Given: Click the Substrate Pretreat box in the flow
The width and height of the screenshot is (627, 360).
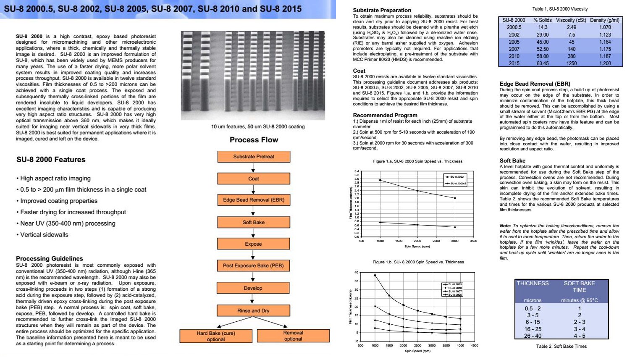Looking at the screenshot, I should tap(254, 157).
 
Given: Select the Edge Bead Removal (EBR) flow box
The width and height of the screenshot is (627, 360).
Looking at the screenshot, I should tap(254, 200).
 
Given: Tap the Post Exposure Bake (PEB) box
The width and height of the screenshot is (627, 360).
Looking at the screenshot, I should tap(253, 265).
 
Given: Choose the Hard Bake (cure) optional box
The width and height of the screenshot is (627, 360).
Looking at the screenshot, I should tap(216, 336).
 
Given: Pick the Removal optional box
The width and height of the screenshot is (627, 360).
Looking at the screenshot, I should tap(293, 336).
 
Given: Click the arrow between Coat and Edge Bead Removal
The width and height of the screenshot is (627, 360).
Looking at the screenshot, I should tap(253, 189).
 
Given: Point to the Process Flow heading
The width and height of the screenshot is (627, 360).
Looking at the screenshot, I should tap(254, 140).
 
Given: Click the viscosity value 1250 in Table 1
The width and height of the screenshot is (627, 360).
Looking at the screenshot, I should tap(571, 63).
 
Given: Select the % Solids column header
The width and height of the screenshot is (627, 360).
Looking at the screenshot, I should tap(543, 20).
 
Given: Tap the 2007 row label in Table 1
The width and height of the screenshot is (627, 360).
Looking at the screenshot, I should tap(514, 49).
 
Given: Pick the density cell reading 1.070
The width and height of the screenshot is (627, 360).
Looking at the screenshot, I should tap(605, 27).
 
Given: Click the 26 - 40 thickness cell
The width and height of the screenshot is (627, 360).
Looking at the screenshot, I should tap(533, 336).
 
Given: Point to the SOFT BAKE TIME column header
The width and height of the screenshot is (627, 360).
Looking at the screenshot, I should tap(579, 286).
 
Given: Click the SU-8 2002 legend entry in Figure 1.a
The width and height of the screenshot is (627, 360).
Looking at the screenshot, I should tap(455, 177).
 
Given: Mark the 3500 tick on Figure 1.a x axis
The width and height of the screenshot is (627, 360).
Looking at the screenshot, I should tap(473, 241).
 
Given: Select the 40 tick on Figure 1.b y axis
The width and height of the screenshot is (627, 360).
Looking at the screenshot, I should tap(357, 273).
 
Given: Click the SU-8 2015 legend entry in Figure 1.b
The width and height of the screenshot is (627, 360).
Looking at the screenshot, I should tap(453, 284).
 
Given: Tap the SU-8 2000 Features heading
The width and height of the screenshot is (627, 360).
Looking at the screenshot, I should tap(51, 160).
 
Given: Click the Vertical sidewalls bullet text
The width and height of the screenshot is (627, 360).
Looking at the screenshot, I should tap(44, 235).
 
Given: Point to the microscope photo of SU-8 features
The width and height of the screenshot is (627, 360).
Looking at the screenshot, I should tap(253, 76).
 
